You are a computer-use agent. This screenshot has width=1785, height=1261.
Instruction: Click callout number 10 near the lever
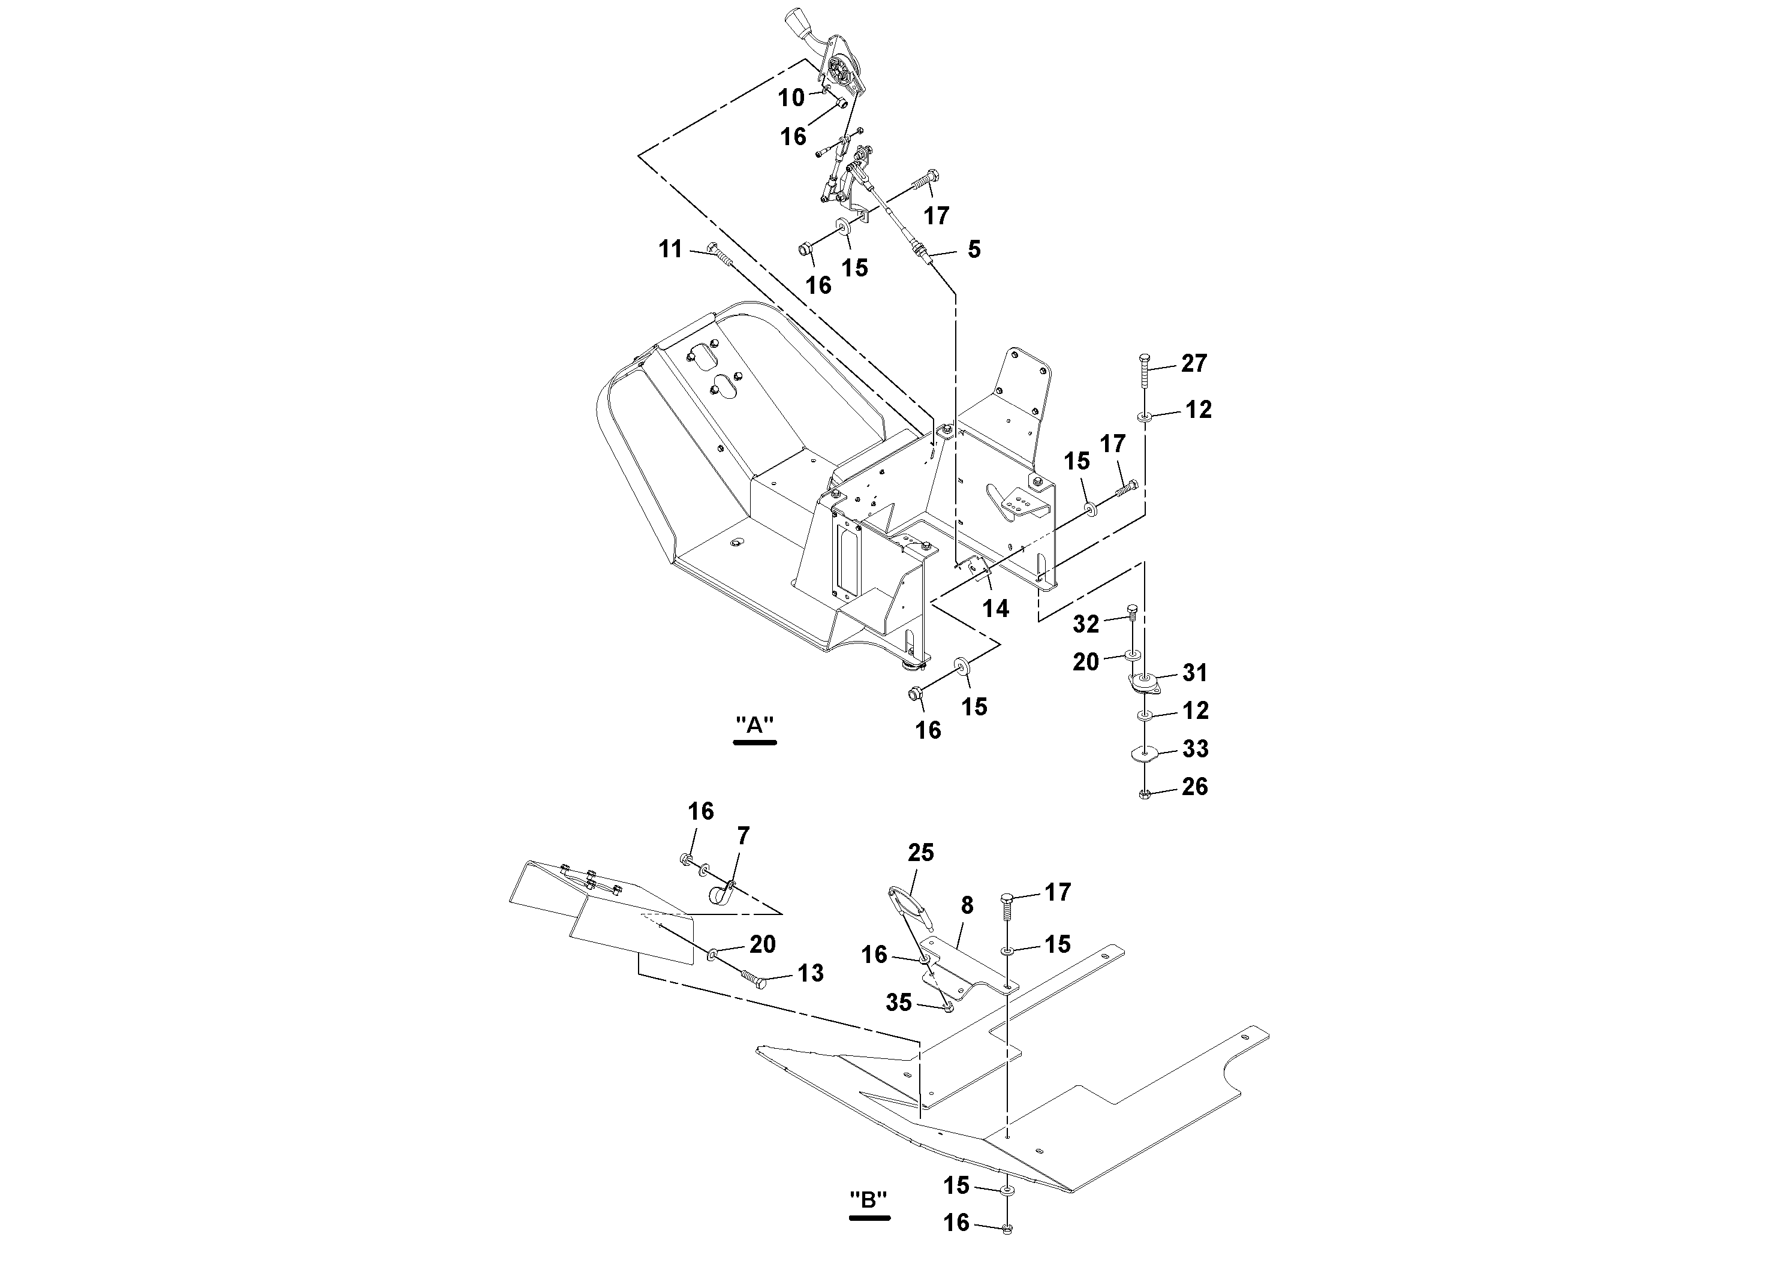click(x=791, y=98)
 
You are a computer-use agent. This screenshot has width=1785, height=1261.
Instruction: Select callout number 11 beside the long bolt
click(x=670, y=249)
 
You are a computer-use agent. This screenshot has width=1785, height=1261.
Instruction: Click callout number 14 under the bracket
click(x=995, y=608)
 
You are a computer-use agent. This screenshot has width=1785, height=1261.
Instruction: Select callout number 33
click(x=1195, y=749)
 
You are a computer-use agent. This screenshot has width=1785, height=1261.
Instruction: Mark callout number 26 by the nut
click(x=1194, y=787)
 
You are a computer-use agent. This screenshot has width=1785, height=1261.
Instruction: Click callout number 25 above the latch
click(x=920, y=853)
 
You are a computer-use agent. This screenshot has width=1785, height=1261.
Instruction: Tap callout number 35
click(x=899, y=1003)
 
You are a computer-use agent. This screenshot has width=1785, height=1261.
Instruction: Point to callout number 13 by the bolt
click(x=810, y=973)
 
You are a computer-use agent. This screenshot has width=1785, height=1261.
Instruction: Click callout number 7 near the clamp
click(x=744, y=836)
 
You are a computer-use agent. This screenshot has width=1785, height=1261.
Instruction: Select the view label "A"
click(x=755, y=726)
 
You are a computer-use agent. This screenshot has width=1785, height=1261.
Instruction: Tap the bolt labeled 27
click(x=1145, y=372)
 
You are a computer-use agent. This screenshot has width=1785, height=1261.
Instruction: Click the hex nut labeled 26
click(x=1143, y=794)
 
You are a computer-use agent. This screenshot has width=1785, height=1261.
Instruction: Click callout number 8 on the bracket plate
click(x=967, y=905)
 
